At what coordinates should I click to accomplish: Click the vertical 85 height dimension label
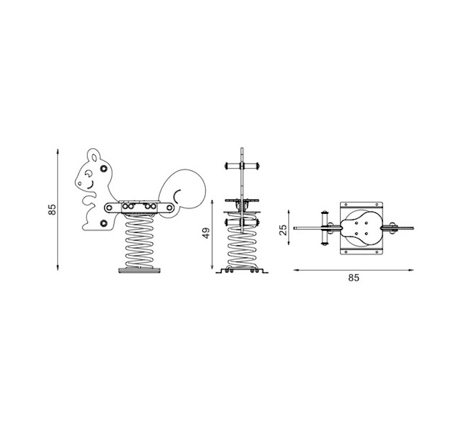[52, 209]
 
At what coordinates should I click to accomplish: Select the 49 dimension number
[206, 232]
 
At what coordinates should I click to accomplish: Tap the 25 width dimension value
[283, 230]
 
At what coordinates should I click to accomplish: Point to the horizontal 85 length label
[353, 278]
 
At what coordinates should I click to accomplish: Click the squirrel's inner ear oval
[94, 157]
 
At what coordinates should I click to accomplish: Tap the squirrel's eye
[88, 173]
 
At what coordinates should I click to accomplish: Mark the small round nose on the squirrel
[80, 184]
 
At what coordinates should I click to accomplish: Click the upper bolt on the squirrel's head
[103, 169]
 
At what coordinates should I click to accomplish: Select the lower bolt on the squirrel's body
[103, 223]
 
